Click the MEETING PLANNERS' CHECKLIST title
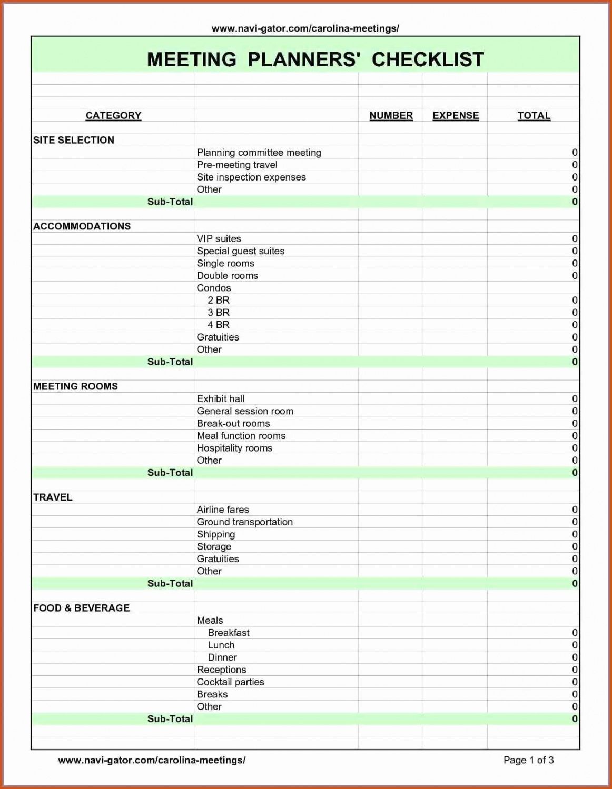pos(315,59)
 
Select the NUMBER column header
pos(391,116)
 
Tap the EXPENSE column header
pos(456,116)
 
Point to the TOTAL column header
pos(534,116)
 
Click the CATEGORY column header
pos(113,116)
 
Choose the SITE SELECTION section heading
pos(74,140)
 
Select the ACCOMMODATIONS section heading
pos(82,226)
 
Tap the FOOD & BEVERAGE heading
pos(81,608)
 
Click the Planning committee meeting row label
pos(259,153)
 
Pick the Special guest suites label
pos(241,251)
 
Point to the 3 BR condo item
pos(219,313)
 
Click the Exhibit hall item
pos(221,399)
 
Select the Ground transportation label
pos(244,522)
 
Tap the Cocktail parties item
pos(230,682)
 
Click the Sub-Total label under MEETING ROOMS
pos(170,473)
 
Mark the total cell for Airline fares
pos(575,510)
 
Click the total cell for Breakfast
pos(575,633)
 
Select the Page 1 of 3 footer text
pos(528,760)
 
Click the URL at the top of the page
pos(305,28)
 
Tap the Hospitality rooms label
pos(234,448)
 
